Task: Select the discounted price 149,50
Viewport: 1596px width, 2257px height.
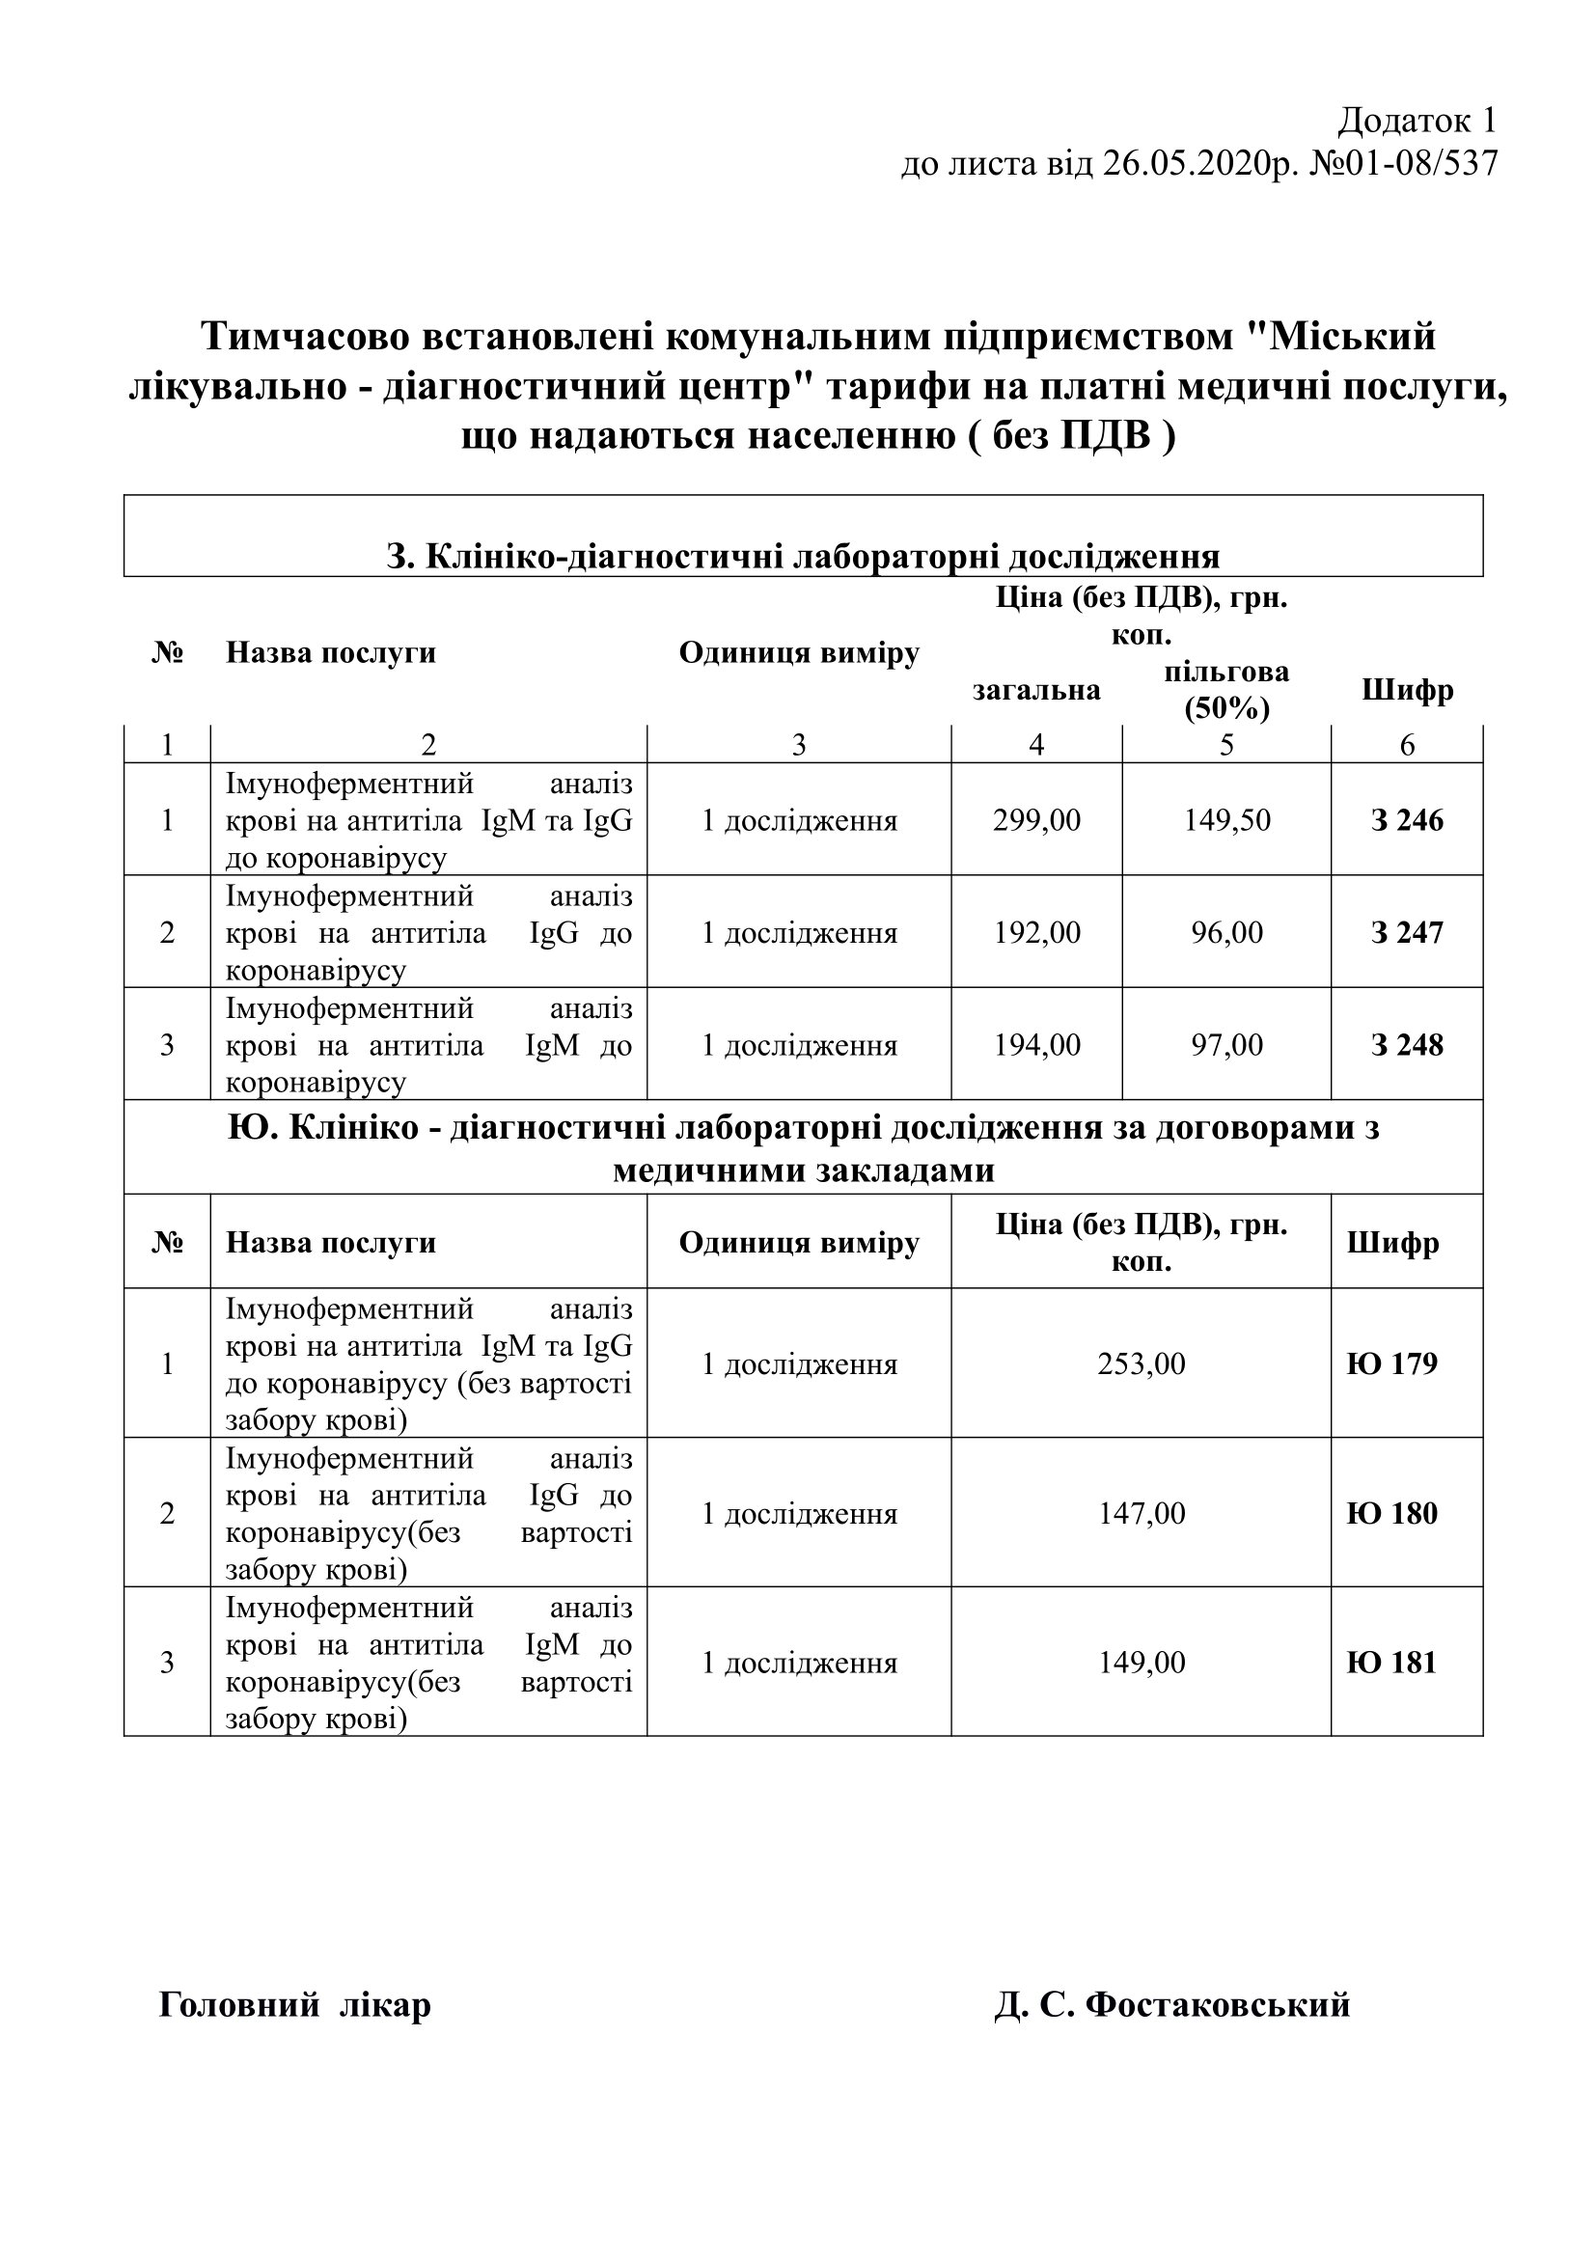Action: pos(1226,820)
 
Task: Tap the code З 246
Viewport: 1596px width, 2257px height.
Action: pos(1406,820)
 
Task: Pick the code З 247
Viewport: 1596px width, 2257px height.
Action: pos(1406,932)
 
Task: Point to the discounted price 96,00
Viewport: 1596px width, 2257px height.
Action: pos(1226,932)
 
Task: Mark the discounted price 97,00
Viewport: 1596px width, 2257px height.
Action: pos(1226,1044)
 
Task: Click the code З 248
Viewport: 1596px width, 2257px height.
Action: pos(1406,1044)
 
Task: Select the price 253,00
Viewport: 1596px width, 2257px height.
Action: pos(1141,1363)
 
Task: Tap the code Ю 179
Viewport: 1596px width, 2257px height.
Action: pos(1391,1363)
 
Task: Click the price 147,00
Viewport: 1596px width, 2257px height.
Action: pos(1141,1513)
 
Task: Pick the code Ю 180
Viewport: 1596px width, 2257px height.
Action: pos(1391,1513)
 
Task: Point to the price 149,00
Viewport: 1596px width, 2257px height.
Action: pos(1141,1663)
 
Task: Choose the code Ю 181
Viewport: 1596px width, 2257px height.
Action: pos(1391,1663)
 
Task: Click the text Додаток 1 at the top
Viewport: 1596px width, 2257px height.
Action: pos(1417,121)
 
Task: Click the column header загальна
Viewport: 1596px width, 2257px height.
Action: pos(1035,690)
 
